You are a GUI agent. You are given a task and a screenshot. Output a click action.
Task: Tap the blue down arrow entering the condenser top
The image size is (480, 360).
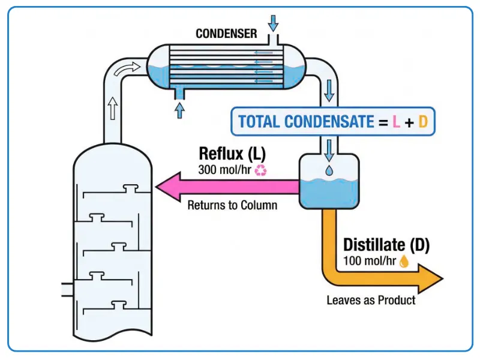point(274,23)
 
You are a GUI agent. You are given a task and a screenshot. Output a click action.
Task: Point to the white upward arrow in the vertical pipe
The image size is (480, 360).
point(112,110)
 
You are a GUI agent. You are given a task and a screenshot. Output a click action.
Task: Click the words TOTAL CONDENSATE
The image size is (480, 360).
point(305,122)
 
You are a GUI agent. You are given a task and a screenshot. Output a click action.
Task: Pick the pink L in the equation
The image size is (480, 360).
point(396,122)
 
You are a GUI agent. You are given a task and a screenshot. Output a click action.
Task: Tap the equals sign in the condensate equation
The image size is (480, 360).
point(382,122)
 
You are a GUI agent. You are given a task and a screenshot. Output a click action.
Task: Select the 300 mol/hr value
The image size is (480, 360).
point(225,170)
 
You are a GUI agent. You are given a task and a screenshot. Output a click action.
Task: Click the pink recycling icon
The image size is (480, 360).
point(260,170)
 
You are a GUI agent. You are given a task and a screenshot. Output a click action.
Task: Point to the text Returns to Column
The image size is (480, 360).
point(232,205)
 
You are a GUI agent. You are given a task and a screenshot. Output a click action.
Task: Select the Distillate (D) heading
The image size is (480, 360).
point(386,245)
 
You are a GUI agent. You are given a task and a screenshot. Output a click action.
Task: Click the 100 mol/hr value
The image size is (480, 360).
point(370,261)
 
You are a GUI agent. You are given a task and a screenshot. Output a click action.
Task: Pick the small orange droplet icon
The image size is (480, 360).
point(404,261)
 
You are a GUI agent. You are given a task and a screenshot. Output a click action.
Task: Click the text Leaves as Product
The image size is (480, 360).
point(371,299)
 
